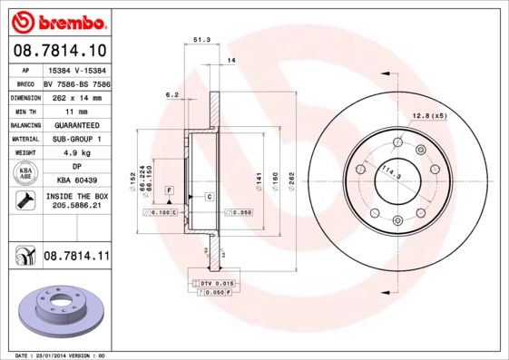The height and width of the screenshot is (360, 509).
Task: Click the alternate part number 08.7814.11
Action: coord(76,258)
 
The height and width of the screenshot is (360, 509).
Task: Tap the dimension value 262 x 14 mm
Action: coord(76,95)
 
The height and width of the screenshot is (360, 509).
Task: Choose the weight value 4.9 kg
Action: coord(76,153)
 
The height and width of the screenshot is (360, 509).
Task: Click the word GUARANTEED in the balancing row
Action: coord(76,124)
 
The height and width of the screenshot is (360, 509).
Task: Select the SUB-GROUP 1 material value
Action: coord(76,139)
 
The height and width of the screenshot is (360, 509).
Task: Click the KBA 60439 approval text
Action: coord(76,180)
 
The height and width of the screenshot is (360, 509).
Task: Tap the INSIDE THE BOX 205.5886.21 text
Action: coord(76,201)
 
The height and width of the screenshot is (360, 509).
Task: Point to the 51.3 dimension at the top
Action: coord(202,40)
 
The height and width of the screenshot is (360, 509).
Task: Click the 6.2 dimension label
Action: coord(171,94)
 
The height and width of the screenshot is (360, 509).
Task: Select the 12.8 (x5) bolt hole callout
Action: coord(430,116)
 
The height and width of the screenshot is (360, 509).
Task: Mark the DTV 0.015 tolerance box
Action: coord(218,284)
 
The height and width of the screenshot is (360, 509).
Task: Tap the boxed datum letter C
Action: coord(209,197)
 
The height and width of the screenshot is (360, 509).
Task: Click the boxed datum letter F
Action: coord(169,189)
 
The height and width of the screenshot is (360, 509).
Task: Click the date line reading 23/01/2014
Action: coord(61,355)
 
